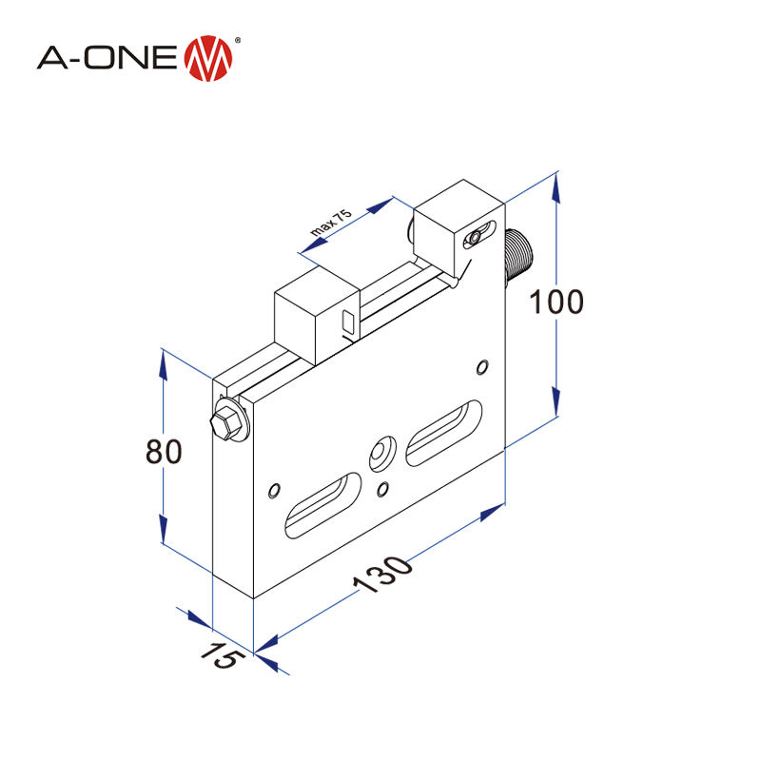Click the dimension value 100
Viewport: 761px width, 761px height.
pos(556,302)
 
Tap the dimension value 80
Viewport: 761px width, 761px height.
pos(164,452)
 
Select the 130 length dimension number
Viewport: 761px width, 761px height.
pos(384,574)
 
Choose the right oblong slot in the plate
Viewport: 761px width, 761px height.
pos(444,433)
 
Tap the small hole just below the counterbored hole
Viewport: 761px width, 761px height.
pos(383,489)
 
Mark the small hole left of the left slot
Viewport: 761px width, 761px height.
pos(275,491)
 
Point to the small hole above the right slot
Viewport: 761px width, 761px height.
pos(483,367)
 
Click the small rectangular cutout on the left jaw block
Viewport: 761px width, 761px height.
pos(348,321)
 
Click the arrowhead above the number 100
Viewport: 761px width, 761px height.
pos(556,186)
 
